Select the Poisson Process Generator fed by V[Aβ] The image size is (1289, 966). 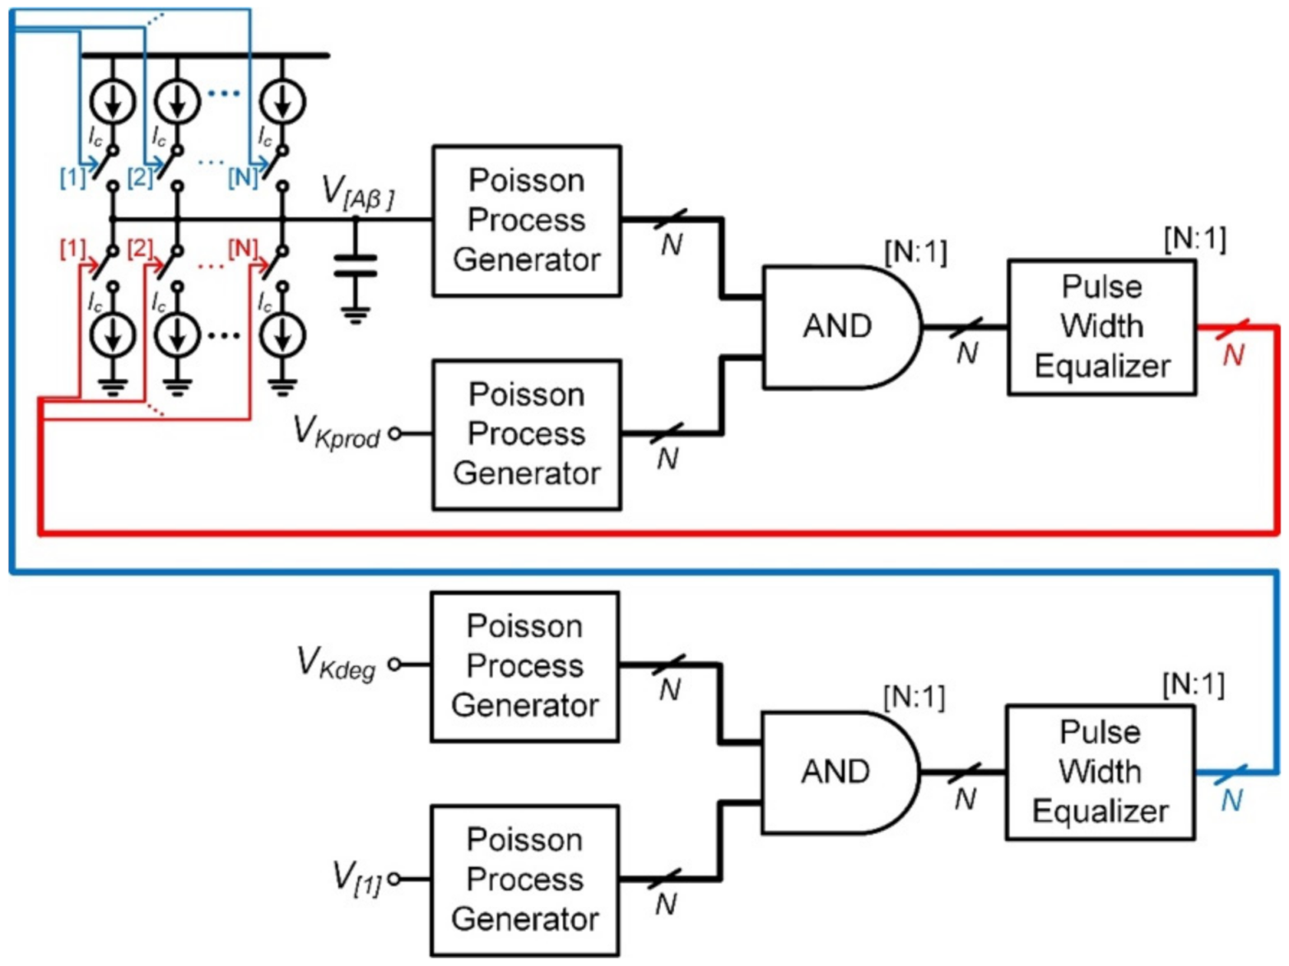click(x=527, y=221)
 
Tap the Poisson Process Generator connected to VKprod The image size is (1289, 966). click(x=527, y=434)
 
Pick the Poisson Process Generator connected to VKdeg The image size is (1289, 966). click(x=525, y=666)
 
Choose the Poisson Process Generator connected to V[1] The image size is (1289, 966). click(x=525, y=880)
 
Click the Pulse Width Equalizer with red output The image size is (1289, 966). click(x=1101, y=327)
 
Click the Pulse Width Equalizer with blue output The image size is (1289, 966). click(x=1100, y=772)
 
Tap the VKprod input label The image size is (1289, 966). click(x=336, y=432)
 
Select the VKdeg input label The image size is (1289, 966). click(x=336, y=663)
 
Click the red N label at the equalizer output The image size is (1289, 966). click(x=1233, y=356)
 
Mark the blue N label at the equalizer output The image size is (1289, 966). click(x=1231, y=800)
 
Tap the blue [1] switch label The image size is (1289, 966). click(x=72, y=177)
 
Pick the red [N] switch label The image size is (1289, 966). click(x=242, y=248)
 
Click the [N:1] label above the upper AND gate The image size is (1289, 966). click(x=915, y=252)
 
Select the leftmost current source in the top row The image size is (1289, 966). click(x=113, y=102)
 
